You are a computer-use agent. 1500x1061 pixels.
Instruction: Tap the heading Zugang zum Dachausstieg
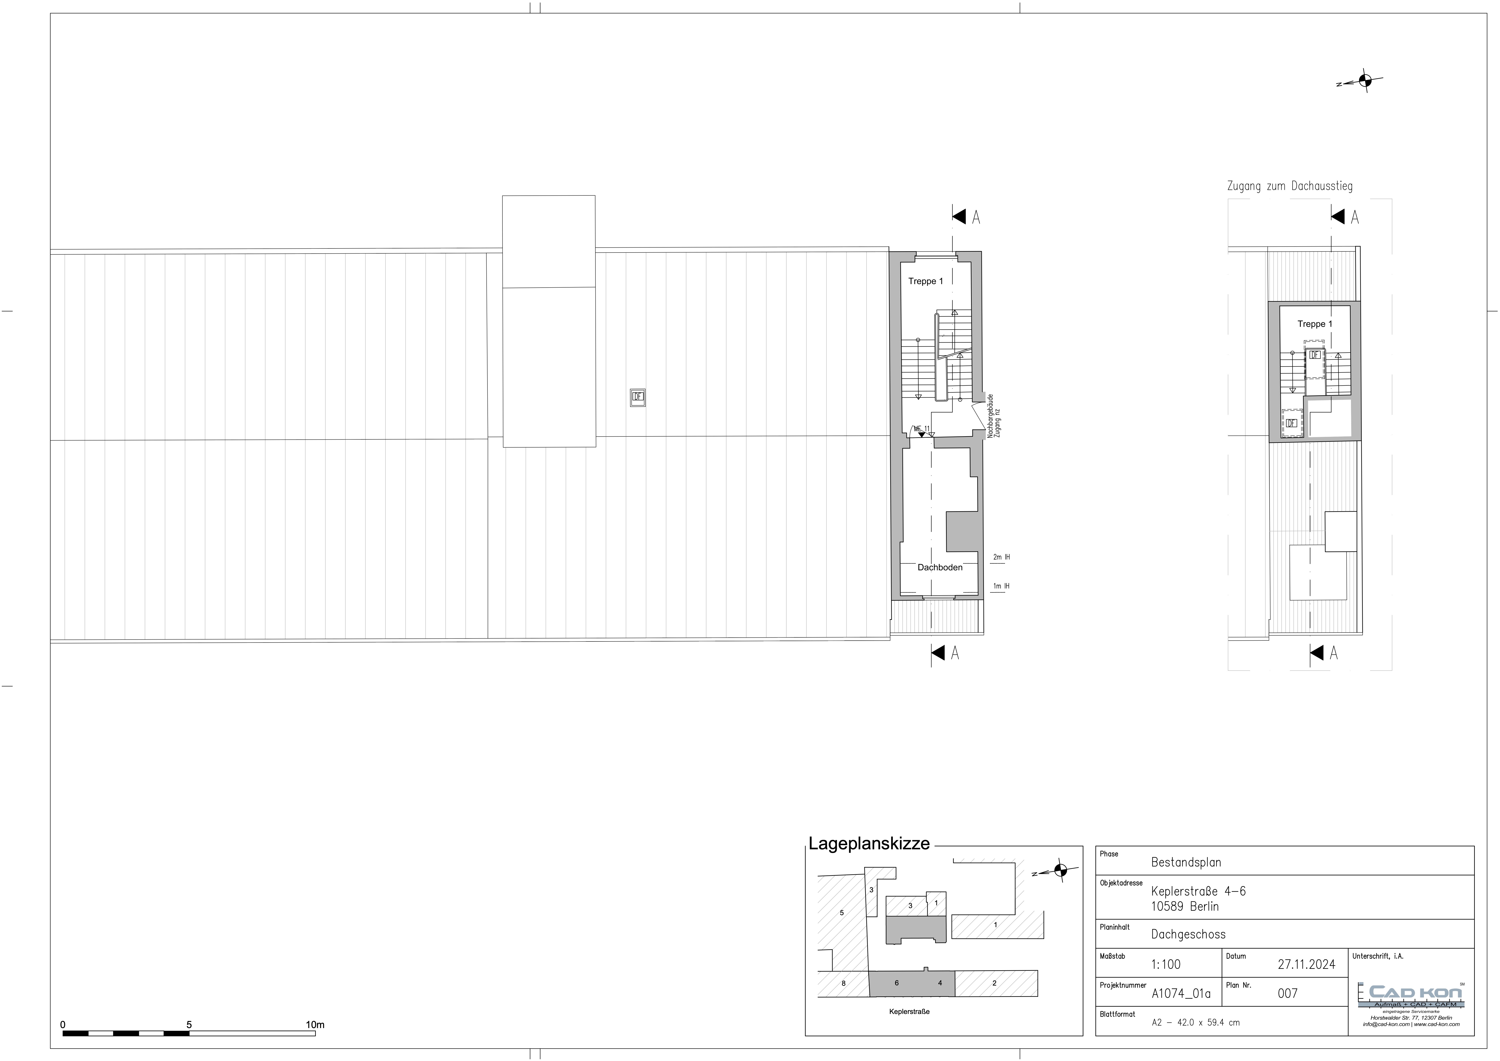pyautogui.click(x=1290, y=186)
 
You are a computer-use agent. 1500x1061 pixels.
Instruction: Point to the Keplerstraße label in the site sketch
pyautogui.click(x=909, y=1011)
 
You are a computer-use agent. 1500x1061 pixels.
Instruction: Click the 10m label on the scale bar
pyautogui.click(x=315, y=1024)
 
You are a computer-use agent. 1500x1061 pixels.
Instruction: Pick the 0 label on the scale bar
pyautogui.click(x=63, y=1024)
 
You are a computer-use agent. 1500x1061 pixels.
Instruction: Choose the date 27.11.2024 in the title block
pyautogui.click(x=1307, y=964)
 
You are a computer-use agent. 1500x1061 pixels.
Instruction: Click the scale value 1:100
pyautogui.click(x=1166, y=964)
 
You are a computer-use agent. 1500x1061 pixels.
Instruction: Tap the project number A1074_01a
pyautogui.click(x=1181, y=994)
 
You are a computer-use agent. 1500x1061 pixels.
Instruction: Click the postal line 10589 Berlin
pyautogui.click(x=1185, y=906)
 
